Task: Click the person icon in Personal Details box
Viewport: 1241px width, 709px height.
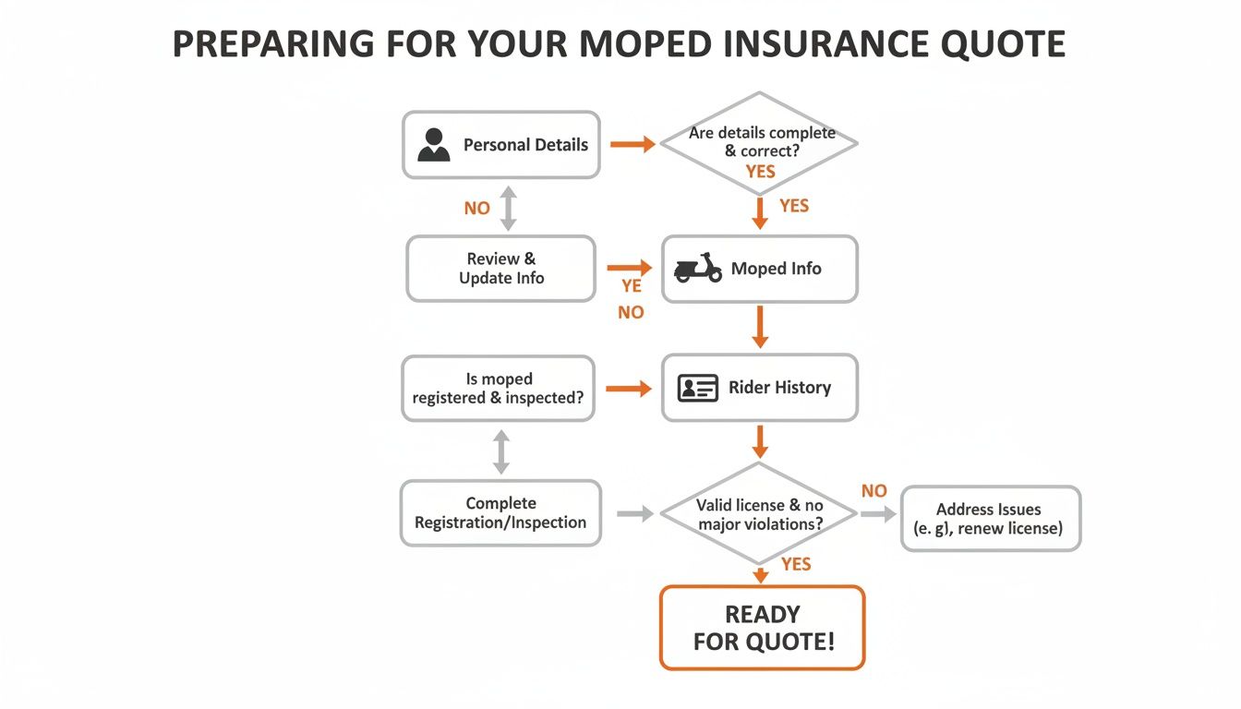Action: coord(434,145)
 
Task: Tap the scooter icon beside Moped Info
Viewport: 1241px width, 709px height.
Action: coord(698,268)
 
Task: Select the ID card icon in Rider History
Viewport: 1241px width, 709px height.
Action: coord(698,388)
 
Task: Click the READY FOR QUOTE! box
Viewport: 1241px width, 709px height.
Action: coord(763,628)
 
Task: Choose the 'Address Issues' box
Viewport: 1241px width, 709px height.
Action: coord(990,519)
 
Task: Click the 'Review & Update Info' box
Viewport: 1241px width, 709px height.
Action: coord(501,269)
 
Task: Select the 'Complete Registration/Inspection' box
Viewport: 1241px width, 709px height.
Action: coord(500,512)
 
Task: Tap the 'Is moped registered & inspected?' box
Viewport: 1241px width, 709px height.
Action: coord(499,389)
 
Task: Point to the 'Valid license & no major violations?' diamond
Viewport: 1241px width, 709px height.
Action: coord(760,513)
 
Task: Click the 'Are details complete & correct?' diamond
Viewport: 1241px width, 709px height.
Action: coord(760,144)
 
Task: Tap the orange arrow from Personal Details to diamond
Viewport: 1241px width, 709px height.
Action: coord(633,144)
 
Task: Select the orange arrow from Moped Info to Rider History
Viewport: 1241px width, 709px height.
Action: coord(760,327)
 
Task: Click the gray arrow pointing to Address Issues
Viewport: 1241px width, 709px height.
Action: coord(877,513)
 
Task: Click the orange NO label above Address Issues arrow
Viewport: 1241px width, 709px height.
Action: coord(874,491)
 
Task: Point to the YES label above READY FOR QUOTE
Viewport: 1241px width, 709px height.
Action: coord(796,564)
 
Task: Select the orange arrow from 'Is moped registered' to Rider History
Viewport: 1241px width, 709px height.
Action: coord(628,389)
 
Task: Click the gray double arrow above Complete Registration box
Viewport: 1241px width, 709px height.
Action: coord(501,451)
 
